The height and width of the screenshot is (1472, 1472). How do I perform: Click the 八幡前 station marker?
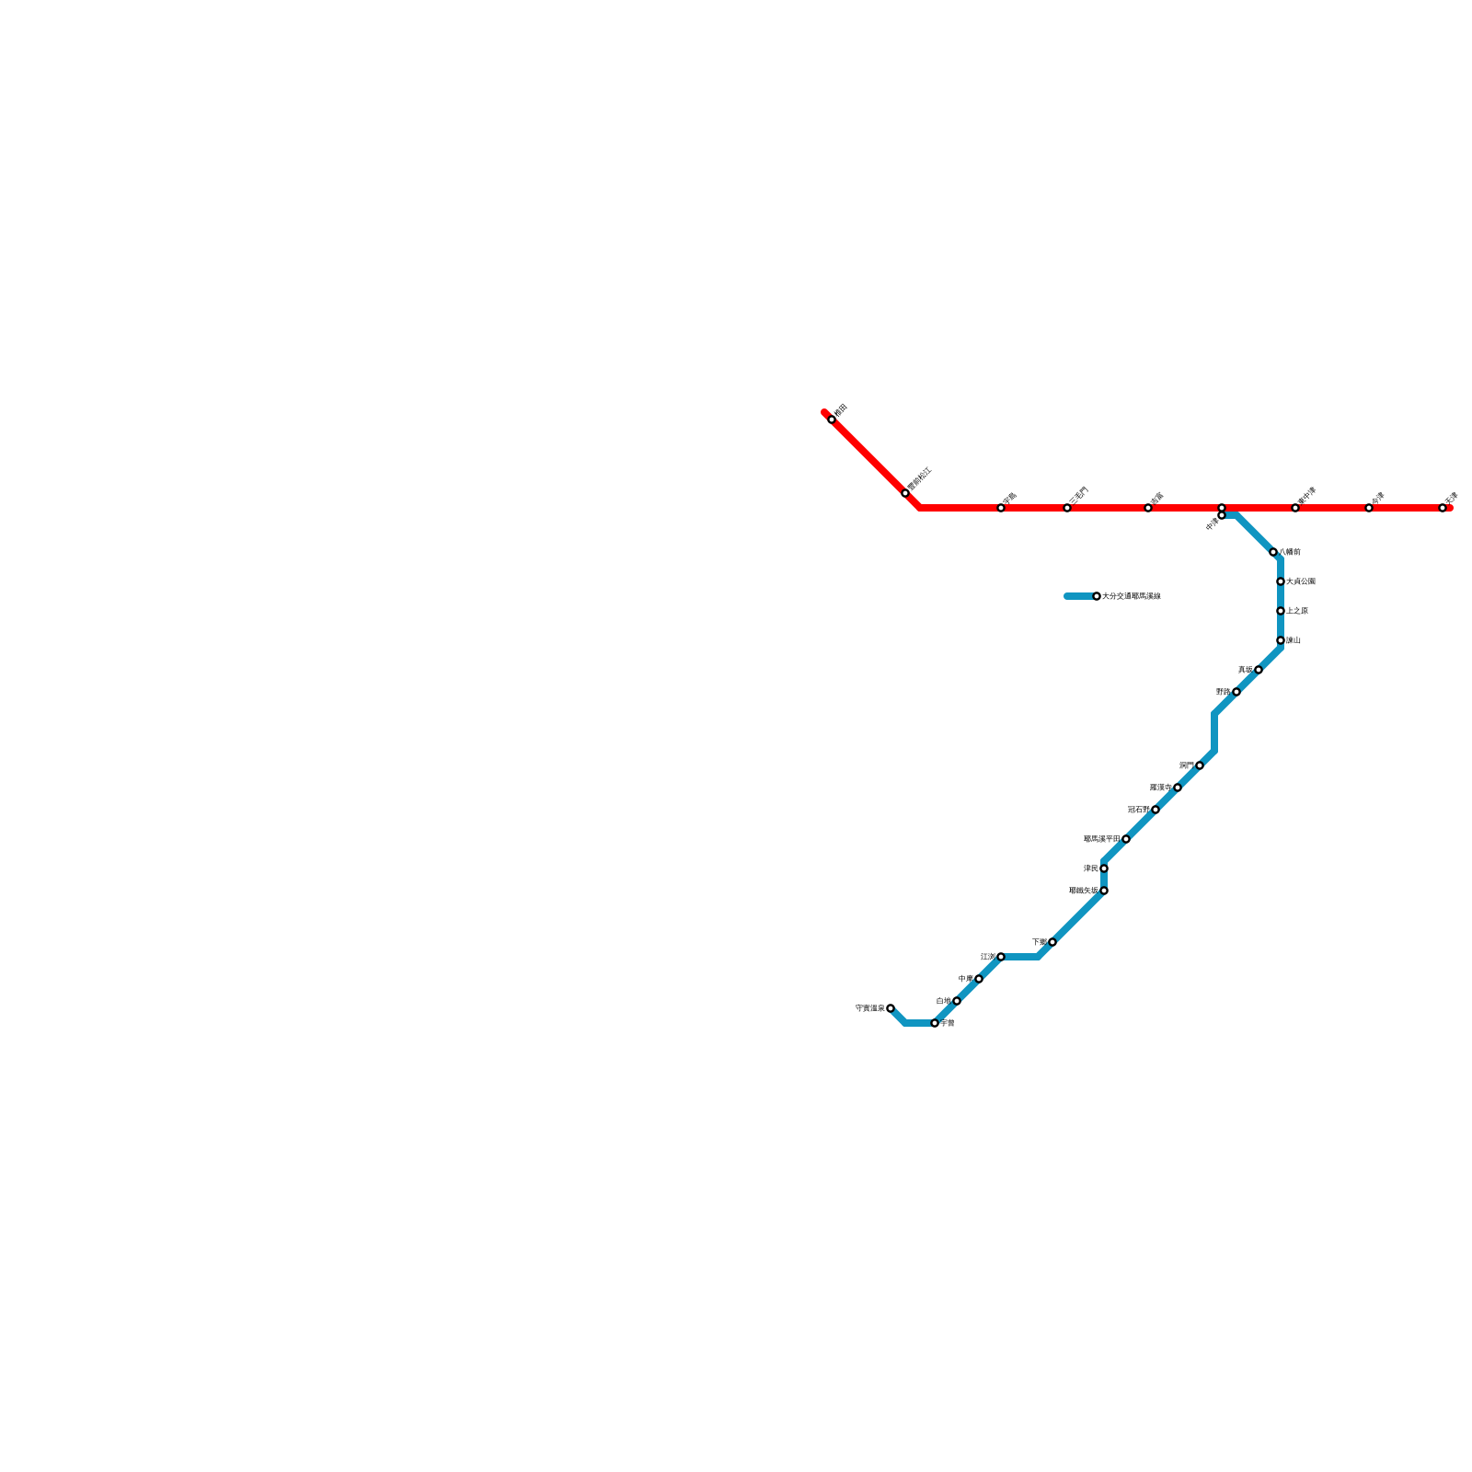point(1273,552)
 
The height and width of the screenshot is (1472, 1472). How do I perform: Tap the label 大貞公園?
point(1301,581)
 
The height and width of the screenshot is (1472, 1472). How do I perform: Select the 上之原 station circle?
point(1281,611)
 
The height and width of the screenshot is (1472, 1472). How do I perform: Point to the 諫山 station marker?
point(1281,640)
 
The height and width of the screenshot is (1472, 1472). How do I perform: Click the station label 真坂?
point(1245,670)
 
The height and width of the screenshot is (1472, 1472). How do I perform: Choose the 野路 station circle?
point(1236,692)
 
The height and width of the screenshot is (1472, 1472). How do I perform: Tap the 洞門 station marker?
point(1200,765)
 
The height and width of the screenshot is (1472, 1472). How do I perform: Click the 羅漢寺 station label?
point(1161,788)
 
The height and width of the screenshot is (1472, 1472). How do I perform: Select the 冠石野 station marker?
point(1156,810)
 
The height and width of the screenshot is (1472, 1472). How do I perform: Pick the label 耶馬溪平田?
point(1101,839)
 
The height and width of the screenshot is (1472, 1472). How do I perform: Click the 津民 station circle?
point(1104,868)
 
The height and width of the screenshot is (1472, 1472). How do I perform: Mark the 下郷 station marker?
point(1052,942)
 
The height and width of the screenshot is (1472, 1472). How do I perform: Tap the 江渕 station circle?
point(1001,957)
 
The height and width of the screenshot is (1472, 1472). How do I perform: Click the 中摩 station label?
point(965,979)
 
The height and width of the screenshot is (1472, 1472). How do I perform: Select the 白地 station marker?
point(957,1001)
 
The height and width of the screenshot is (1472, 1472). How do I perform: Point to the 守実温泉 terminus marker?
point(891,1008)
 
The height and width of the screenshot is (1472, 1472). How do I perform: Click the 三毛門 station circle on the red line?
point(1067,508)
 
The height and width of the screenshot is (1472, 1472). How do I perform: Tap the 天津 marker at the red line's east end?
point(1443,508)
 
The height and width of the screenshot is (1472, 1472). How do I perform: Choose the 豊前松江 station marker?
point(905,493)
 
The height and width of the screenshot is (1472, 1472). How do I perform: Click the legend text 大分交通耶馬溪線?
point(1132,596)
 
